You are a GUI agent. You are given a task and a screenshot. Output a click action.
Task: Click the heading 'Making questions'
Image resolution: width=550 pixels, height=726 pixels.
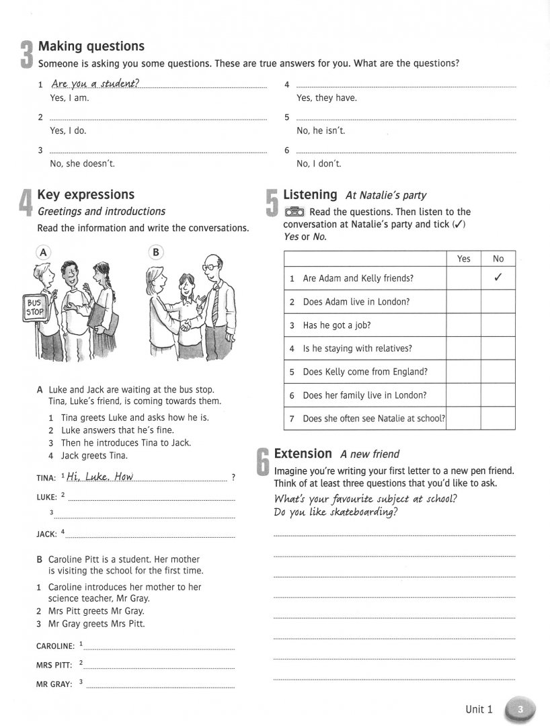[x=91, y=46]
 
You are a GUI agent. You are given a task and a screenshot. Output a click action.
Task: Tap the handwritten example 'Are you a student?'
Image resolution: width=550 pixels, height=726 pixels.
[x=95, y=83]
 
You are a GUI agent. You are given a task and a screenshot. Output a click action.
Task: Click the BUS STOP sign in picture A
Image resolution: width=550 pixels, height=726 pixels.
[x=34, y=308]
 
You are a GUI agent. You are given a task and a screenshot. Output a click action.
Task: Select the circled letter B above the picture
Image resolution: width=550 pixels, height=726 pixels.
[x=156, y=252]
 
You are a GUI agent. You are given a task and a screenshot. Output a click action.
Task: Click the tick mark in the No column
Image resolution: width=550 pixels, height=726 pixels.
[x=498, y=278]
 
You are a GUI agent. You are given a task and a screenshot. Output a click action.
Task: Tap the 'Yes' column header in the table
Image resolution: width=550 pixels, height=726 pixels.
[x=464, y=259]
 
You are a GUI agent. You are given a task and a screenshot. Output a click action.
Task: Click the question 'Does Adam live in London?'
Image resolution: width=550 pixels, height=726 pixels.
[x=356, y=302]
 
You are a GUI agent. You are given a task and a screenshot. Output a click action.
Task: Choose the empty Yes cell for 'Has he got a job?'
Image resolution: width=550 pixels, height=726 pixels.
[x=464, y=325]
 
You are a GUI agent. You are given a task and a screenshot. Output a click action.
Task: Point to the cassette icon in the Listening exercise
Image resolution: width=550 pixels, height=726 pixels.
[x=295, y=212]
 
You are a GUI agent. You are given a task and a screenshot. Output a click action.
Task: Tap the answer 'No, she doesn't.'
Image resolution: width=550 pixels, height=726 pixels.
[x=82, y=163]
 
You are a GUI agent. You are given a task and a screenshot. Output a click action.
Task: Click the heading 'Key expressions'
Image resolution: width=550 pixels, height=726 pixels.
[x=86, y=195]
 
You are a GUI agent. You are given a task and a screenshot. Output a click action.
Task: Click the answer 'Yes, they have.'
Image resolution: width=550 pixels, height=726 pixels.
[x=327, y=98]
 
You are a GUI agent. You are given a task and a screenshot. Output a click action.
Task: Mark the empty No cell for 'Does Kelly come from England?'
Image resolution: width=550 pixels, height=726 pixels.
[x=498, y=372]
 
